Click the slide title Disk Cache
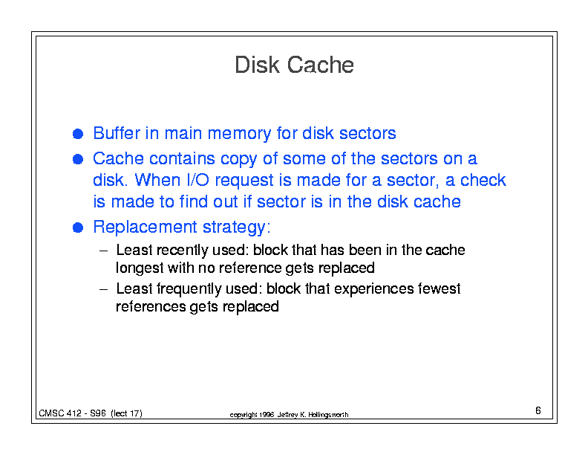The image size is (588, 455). click(294, 65)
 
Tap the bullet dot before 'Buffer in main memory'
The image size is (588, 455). click(78, 134)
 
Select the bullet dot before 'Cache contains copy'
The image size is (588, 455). click(78, 159)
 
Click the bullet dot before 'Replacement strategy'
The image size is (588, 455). click(78, 227)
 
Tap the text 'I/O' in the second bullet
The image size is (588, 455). click(197, 180)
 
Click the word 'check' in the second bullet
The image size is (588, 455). click(483, 180)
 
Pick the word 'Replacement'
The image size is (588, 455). click(145, 227)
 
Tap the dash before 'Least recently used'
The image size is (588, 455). click(103, 251)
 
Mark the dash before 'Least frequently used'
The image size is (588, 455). click(103, 290)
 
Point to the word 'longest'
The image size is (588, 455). click(140, 268)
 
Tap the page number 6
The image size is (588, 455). click(538, 410)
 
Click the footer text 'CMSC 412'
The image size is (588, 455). click(60, 413)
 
